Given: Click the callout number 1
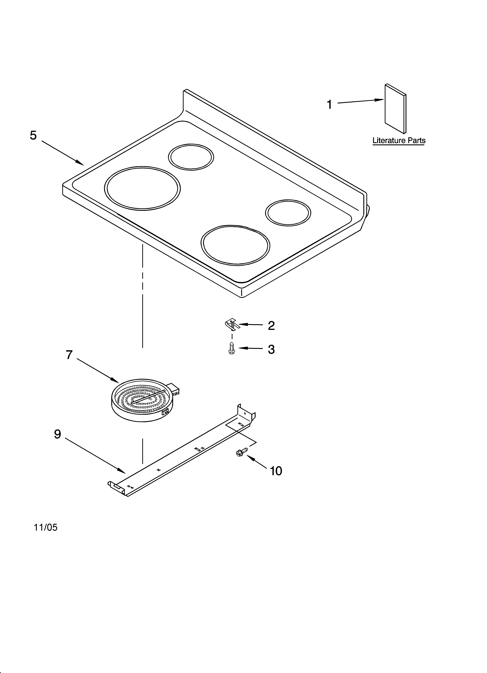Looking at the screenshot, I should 329,105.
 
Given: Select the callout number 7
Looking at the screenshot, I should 69,355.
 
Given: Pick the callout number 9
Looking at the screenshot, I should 58,434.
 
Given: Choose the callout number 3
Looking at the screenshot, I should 271,350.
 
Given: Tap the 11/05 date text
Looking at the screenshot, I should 46,527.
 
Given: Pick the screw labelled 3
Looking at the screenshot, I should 232,348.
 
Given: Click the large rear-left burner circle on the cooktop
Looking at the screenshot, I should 142,188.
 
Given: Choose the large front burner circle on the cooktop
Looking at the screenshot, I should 235,245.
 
